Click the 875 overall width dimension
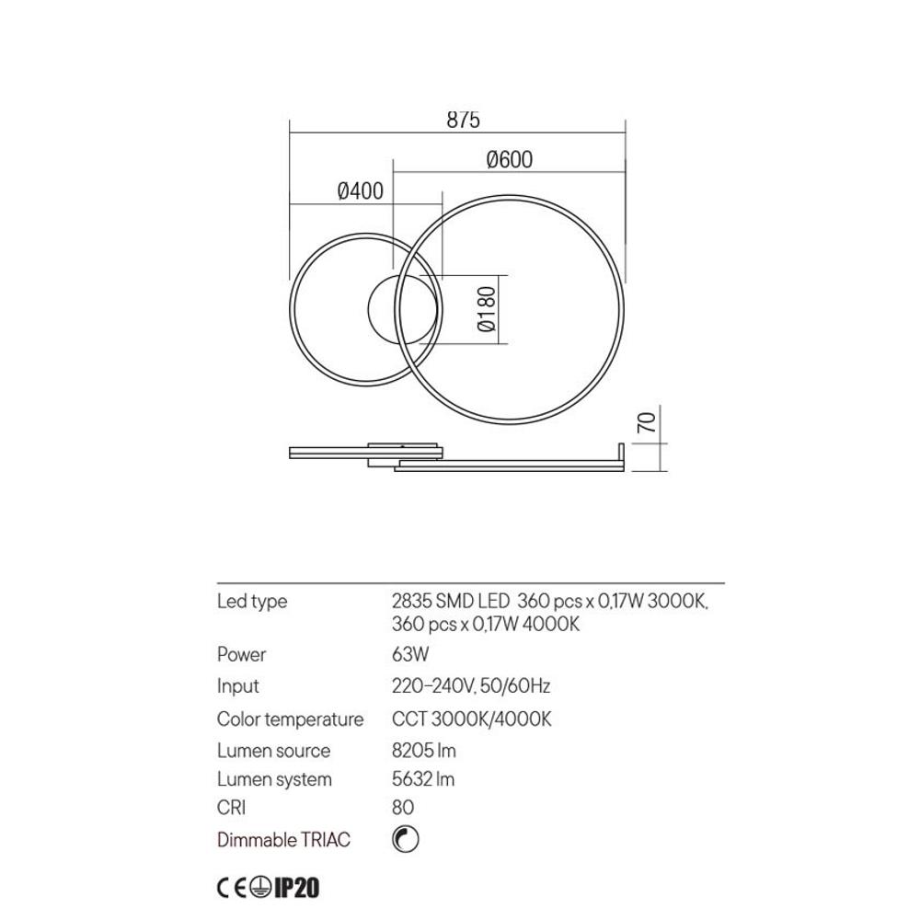464,119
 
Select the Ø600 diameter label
509,159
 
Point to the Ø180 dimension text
487,309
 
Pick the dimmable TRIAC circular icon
404,839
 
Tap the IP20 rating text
295,888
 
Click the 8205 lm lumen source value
423,751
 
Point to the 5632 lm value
423,779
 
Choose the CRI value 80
403,808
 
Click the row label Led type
252,602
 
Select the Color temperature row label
290,719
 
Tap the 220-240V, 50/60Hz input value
471,686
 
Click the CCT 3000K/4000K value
471,719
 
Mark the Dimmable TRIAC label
283,840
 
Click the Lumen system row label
274,779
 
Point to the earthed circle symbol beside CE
260,888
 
